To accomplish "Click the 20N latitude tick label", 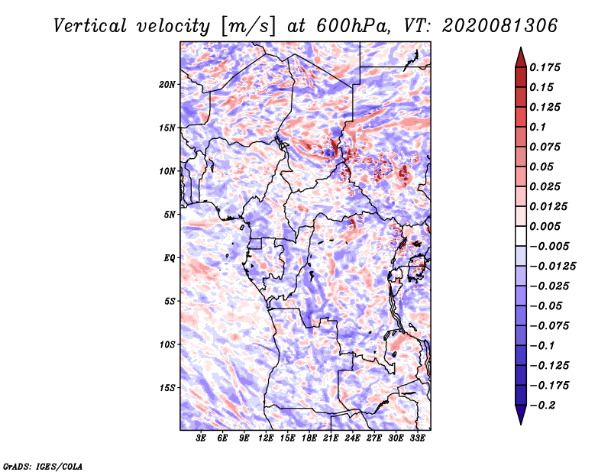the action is click(x=166, y=85).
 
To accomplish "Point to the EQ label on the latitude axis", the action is click(x=169, y=258).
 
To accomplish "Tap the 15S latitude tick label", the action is click(x=166, y=388).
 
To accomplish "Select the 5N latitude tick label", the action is click(x=169, y=215).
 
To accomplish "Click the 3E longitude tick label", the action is click(x=201, y=438).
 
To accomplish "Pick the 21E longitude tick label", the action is click(x=331, y=438).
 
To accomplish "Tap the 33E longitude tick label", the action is click(x=417, y=438).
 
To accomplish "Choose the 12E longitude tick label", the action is click(x=265, y=438).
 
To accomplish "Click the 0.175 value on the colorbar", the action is click(x=545, y=67).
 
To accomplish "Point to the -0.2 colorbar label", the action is click(x=542, y=406).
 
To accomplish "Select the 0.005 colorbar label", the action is click(x=545, y=226).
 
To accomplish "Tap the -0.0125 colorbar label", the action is click(x=552, y=267).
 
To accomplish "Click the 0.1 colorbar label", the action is click(x=538, y=127).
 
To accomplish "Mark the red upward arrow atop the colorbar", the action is click(x=521, y=57).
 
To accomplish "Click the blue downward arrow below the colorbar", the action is click(x=521, y=415).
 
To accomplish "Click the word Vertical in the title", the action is click(x=90, y=26).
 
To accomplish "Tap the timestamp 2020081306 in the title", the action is click(x=500, y=26).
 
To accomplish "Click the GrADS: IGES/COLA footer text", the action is click(x=43, y=467).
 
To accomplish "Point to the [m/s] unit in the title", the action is click(x=248, y=27).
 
